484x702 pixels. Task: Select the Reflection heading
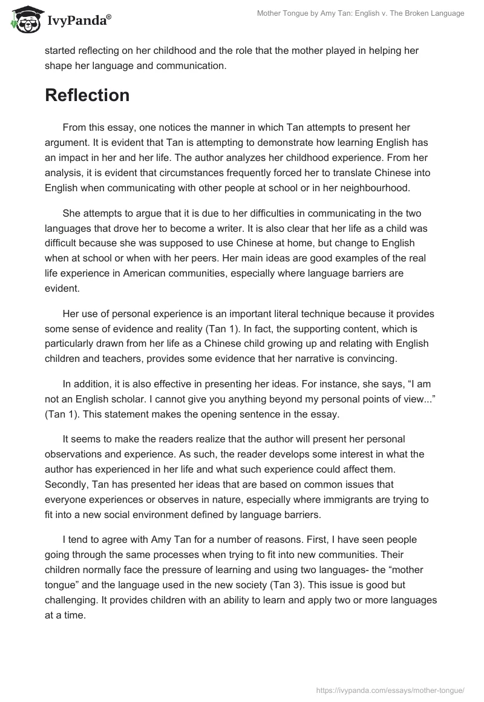pos(87,95)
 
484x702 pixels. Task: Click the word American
pos(148,272)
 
